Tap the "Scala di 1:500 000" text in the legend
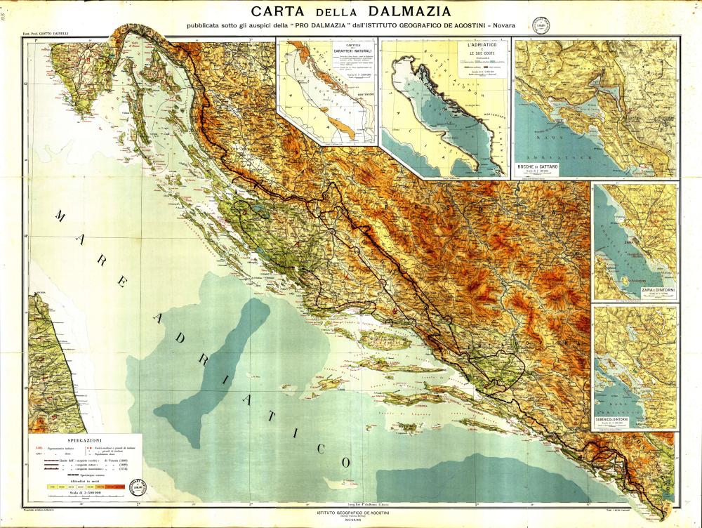point(81,494)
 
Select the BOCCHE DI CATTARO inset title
point(537,166)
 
